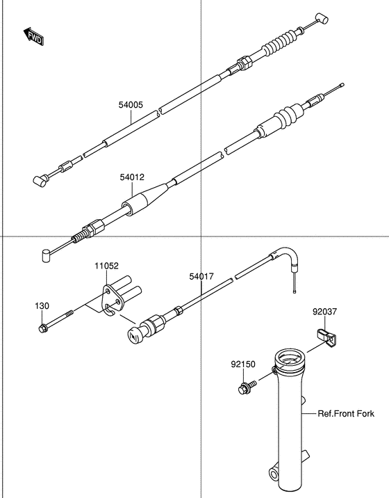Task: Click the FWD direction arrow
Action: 34,37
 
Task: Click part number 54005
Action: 131,105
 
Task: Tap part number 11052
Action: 107,266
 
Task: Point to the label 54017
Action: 201,276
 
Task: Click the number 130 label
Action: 43,305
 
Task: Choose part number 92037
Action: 324,313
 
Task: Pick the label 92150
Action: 243,364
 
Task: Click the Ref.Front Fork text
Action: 346,413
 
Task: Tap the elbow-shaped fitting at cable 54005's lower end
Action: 42,181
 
